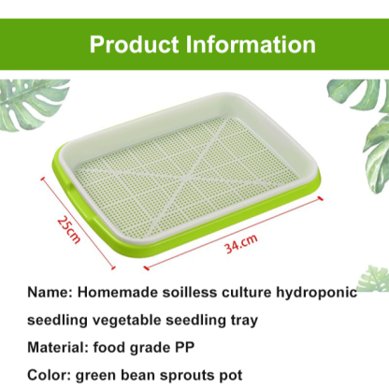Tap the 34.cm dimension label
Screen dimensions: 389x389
[240, 244]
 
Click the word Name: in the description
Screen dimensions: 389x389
[50, 292]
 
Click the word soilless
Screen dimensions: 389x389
[194, 292]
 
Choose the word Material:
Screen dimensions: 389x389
[58, 346]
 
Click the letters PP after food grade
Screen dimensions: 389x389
[191, 346]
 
